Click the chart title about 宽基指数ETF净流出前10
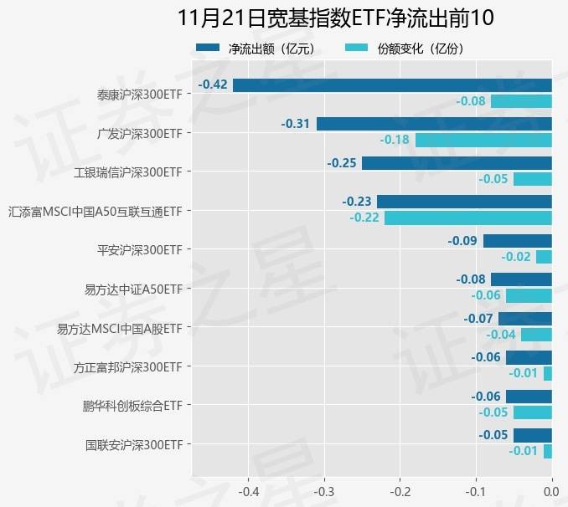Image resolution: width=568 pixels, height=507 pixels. [336, 18]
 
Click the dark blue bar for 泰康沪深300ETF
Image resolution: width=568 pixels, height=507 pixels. [392, 84]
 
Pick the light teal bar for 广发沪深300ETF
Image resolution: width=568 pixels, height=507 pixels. [483, 140]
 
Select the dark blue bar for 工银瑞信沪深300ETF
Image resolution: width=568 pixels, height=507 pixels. [457, 162]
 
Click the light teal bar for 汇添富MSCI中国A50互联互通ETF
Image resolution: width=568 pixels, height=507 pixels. [467, 218]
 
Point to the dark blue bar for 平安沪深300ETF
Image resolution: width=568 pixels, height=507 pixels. [517, 240]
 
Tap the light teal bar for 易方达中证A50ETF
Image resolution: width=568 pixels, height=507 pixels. [529, 295]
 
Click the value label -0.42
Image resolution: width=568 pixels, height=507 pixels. [213, 84]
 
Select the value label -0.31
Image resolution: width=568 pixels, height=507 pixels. [296, 124]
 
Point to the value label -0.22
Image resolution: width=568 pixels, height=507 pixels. [364, 218]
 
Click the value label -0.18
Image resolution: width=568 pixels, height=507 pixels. [395, 140]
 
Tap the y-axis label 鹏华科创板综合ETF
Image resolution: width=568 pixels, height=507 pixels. [132, 406]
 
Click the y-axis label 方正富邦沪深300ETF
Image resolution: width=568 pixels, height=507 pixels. [127, 366]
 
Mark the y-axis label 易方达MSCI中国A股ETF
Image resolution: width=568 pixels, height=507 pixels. [119, 328]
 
